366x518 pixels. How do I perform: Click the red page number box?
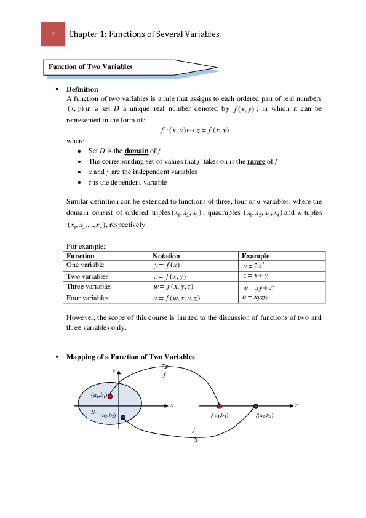click(x=53, y=34)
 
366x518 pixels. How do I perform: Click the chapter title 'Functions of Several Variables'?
click(x=164, y=34)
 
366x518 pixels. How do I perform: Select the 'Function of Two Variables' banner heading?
click(x=90, y=66)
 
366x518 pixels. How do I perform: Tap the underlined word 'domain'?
click(x=137, y=151)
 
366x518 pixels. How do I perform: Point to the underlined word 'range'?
click(x=256, y=162)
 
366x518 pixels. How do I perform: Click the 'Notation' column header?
click(x=166, y=256)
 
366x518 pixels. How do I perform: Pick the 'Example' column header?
click(x=255, y=256)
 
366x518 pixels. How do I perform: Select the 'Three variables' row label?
click(x=89, y=287)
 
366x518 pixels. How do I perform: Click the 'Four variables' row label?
click(x=87, y=298)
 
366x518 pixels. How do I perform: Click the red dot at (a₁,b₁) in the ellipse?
click(x=110, y=396)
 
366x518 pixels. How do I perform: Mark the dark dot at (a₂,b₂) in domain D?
click(x=123, y=418)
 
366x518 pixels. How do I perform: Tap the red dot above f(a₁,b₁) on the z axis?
click(x=219, y=406)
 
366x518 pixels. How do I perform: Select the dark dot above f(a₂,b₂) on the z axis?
click(x=256, y=406)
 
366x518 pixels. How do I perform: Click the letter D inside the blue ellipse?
click(x=93, y=412)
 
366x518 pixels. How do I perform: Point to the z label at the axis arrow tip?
click(x=296, y=405)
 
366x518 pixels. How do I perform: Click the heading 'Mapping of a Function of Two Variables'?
click(x=130, y=357)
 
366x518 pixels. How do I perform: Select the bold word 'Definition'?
click(x=82, y=90)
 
